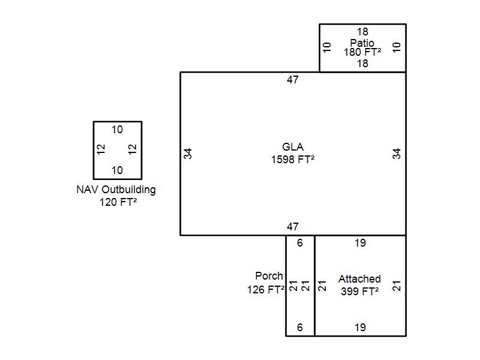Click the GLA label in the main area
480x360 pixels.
[x=293, y=147]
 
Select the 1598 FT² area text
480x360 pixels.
[x=293, y=160]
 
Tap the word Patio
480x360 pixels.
[x=362, y=43]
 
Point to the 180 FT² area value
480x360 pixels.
[x=362, y=52]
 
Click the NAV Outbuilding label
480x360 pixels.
[x=116, y=190]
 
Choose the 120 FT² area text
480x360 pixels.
[x=118, y=202]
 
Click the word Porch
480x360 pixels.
[x=269, y=276]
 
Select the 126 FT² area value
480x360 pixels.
[x=266, y=289]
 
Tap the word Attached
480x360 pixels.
[x=359, y=279]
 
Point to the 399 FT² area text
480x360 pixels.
[x=359, y=292]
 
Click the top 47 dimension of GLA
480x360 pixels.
[x=293, y=80]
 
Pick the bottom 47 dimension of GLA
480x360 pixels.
[x=293, y=227]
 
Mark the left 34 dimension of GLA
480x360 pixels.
[x=188, y=154]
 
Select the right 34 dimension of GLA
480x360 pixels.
[x=397, y=154]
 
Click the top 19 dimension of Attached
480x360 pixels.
[x=360, y=243]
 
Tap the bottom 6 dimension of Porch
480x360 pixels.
[x=300, y=328]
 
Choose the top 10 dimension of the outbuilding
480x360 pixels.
[x=117, y=130]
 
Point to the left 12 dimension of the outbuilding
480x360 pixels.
[x=101, y=148]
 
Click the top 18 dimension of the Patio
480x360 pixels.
[x=362, y=32]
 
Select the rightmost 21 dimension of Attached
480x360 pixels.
[x=397, y=286]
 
